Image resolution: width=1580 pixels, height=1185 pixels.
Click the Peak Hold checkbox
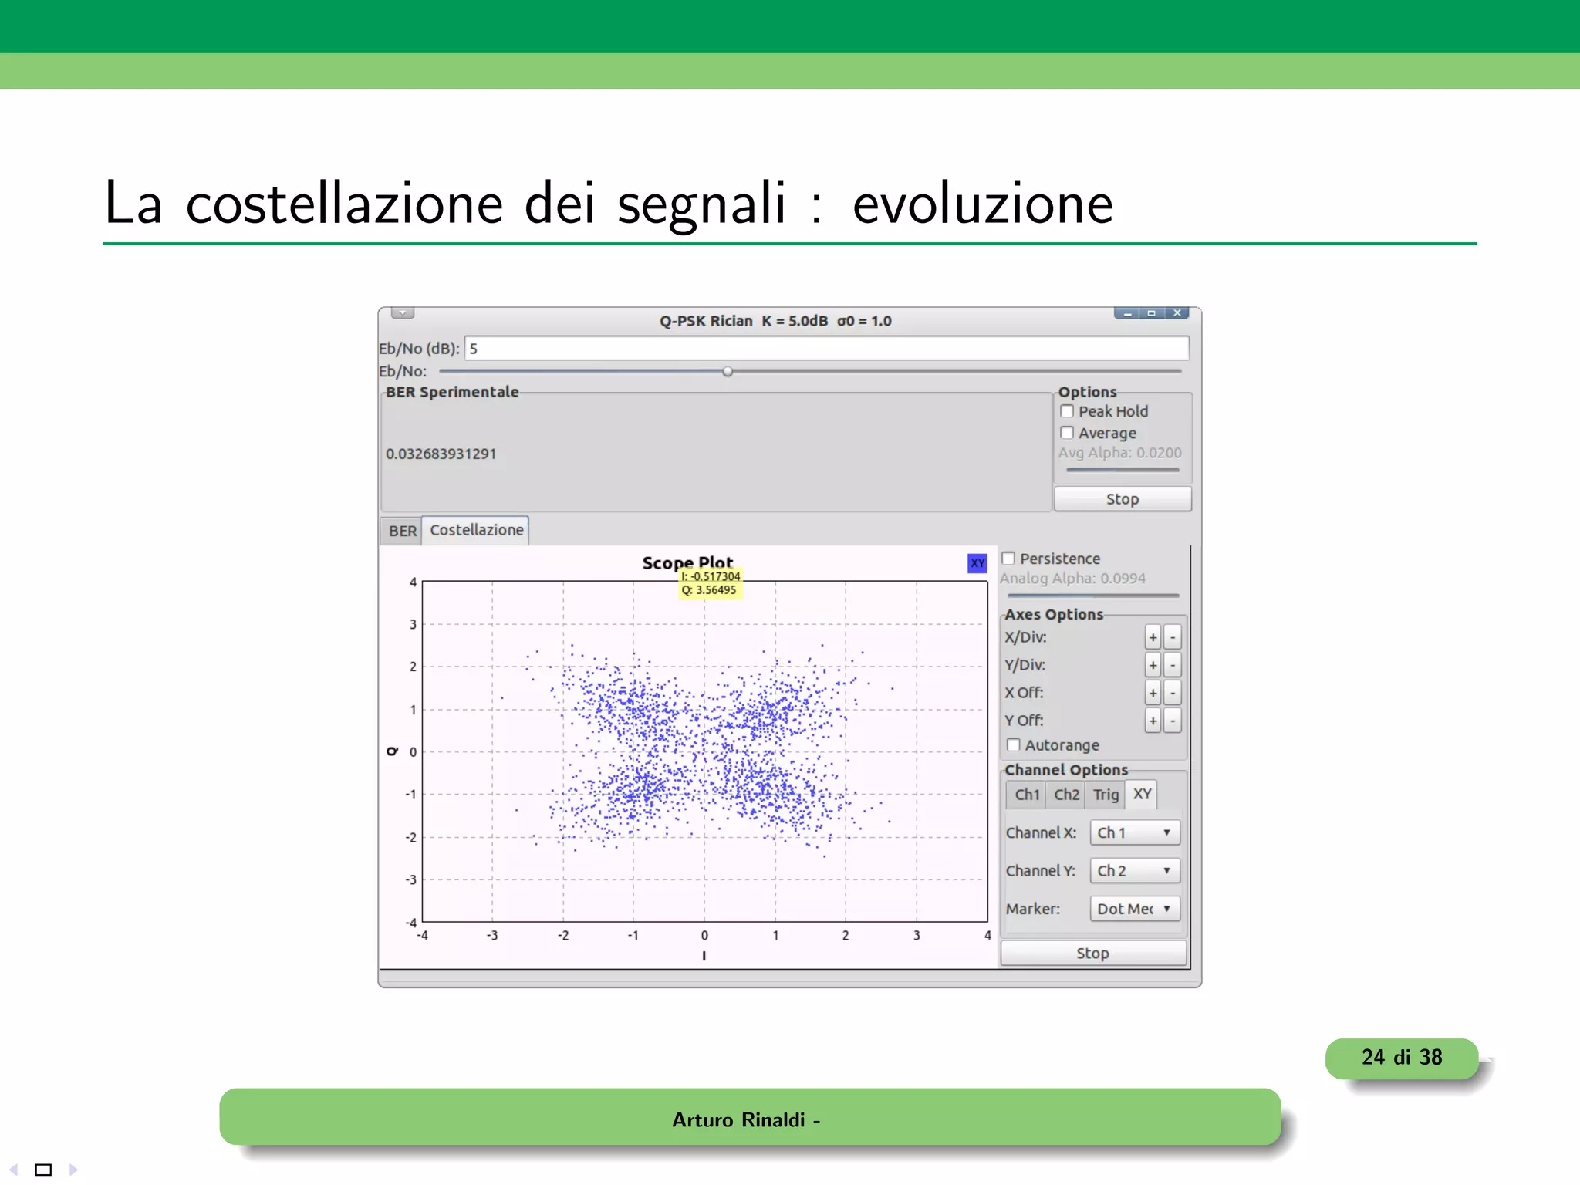click(x=1067, y=411)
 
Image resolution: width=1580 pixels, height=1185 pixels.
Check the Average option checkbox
click(x=1067, y=433)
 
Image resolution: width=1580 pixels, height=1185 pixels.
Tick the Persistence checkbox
click(x=1008, y=558)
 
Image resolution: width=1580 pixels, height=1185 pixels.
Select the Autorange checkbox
click(x=1014, y=744)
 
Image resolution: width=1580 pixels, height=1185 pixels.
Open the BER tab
click(x=402, y=531)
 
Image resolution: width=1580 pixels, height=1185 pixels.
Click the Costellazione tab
click(x=476, y=530)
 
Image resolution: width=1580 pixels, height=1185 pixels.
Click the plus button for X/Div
click(x=1153, y=637)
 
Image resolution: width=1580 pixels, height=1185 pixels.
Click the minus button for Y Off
click(x=1173, y=721)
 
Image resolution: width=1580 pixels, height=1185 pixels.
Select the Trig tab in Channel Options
click(x=1106, y=794)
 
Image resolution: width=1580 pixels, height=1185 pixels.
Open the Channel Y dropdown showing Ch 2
click(x=1134, y=870)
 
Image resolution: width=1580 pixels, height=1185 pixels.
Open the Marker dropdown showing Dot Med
click(x=1134, y=909)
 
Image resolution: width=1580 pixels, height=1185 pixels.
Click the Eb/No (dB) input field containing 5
click(x=825, y=349)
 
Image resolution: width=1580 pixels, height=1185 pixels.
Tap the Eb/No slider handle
click(x=728, y=372)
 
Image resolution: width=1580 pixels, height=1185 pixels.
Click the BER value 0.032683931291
click(x=441, y=454)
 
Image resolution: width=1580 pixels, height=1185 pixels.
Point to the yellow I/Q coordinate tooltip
click(x=710, y=583)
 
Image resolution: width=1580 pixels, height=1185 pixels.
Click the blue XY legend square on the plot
click(x=977, y=563)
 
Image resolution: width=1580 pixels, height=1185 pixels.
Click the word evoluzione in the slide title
click(x=982, y=204)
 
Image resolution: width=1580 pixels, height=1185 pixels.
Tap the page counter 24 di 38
click(x=1401, y=1058)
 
